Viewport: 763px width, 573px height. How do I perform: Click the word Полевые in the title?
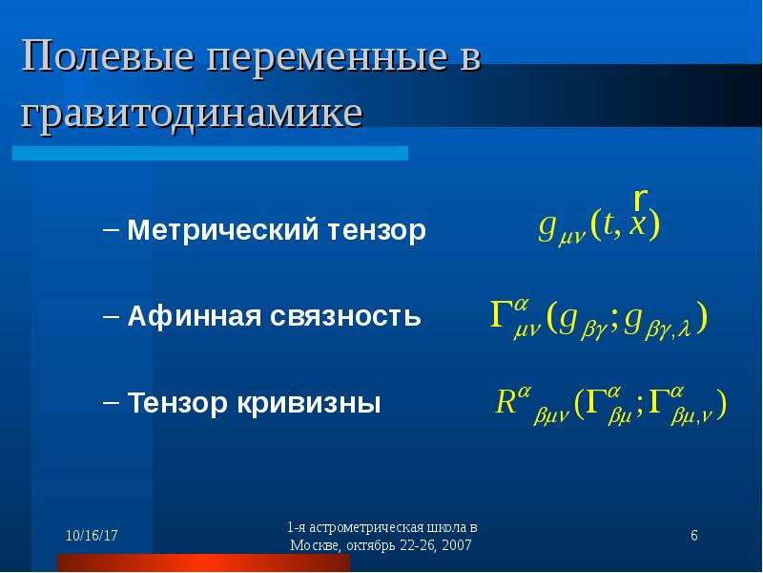tap(107, 57)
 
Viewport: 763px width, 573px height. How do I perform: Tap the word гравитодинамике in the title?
tap(192, 115)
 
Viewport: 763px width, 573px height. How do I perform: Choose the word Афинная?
tap(195, 316)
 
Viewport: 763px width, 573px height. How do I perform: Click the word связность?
tap(345, 317)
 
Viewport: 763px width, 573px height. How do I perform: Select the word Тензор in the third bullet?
tap(177, 403)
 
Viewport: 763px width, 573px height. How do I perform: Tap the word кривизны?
tap(308, 403)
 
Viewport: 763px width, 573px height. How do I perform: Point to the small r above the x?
tap(640, 198)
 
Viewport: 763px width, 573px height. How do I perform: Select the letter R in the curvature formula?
tap(505, 402)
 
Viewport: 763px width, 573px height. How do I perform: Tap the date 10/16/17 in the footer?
tap(92, 536)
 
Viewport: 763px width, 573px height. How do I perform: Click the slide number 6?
tap(694, 536)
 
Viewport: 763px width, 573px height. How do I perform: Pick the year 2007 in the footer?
tap(457, 545)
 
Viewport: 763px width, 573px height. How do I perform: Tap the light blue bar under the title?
tap(210, 153)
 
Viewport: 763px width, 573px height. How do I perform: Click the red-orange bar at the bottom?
tap(203, 562)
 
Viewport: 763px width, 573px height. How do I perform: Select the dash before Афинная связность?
tap(111, 316)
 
